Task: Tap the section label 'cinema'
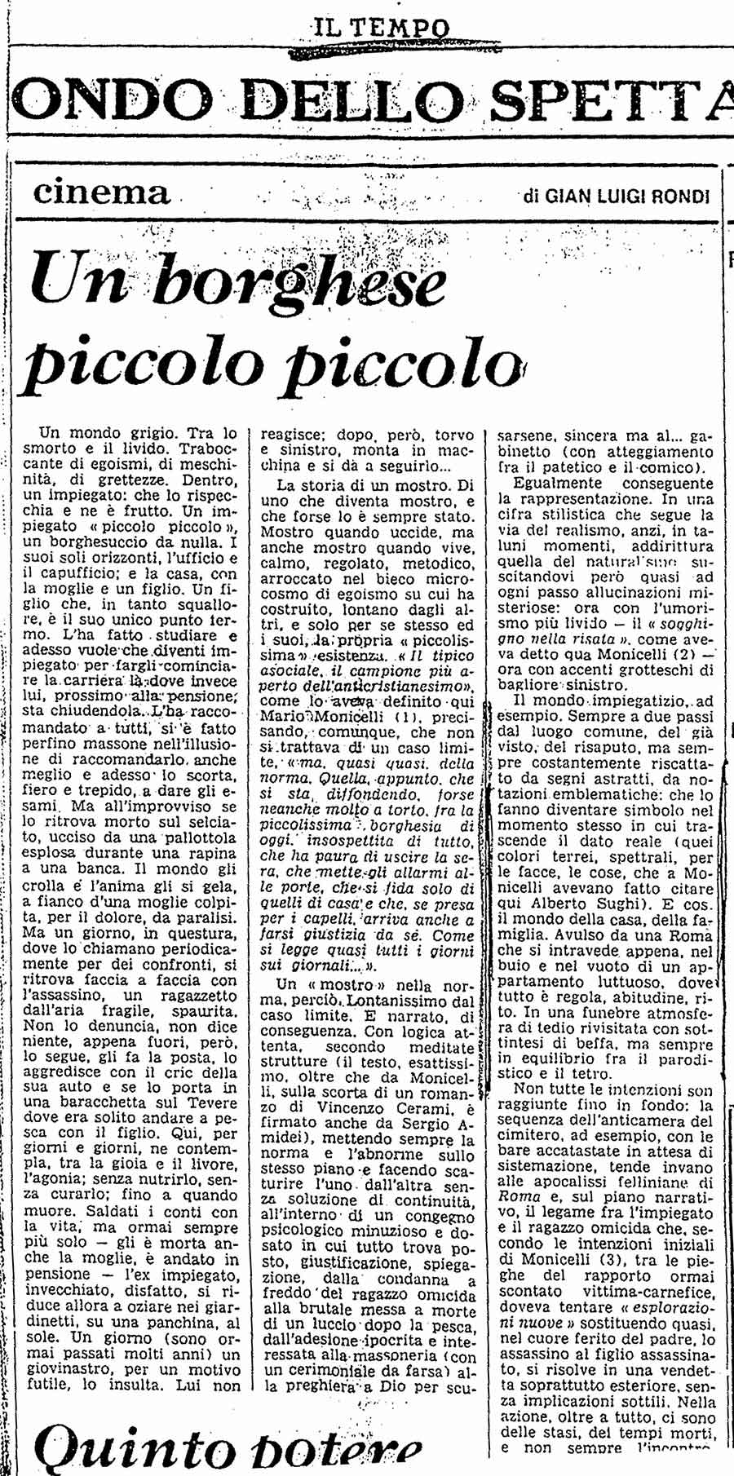tap(102, 192)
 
